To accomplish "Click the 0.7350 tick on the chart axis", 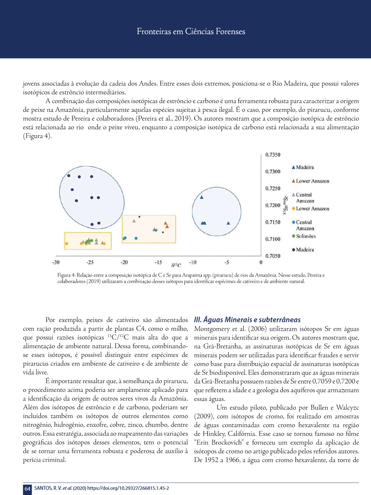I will click(272, 155).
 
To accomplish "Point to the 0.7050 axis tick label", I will click(272, 256).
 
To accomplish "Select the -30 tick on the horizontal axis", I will click(55, 263).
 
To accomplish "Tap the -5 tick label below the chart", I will click(227, 263).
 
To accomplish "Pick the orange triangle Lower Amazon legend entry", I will click(309, 181).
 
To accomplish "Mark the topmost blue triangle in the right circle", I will click(202, 197).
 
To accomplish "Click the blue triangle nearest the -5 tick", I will click(228, 223).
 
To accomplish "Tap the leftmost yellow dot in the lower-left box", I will click(66, 243).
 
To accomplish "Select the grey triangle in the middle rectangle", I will click(134, 221).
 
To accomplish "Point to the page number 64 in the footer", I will click(27, 489).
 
